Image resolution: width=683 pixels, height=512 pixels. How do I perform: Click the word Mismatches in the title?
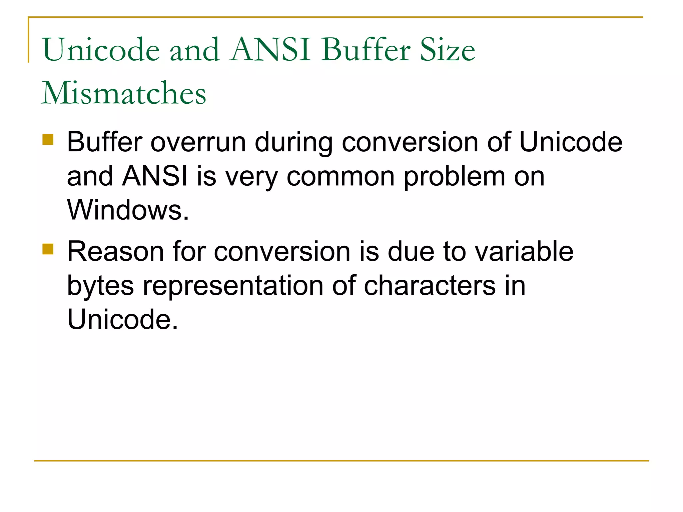click(x=124, y=93)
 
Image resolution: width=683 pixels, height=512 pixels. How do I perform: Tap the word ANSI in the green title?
click(x=270, y=50)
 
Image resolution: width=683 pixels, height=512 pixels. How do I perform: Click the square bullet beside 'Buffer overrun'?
click(x=48, y=139)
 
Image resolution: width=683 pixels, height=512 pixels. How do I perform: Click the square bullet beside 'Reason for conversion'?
click(x=48, y=249)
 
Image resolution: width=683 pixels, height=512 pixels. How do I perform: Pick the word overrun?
click(x=198, y=142)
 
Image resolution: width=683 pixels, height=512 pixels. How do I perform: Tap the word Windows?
click(x=128, y=210)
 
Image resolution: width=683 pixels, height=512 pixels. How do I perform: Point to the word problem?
click(x=454, y=177)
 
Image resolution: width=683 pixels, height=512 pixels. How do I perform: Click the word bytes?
click(x=100, y=286)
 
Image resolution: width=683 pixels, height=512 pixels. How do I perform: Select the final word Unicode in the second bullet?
click(x=122, y=319)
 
